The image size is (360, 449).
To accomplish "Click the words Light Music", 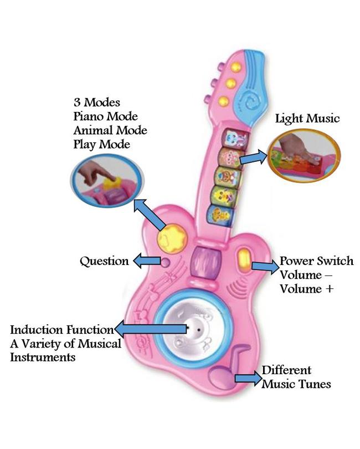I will [x=307, y=119].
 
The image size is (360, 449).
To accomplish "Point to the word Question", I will [x=104, y=261].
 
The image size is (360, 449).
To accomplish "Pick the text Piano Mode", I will [x=105, y=116].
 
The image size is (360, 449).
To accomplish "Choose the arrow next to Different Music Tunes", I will [x=247, y=378].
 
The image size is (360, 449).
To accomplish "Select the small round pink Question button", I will [x=165, y=262].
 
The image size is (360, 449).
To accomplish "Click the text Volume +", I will [x=306, y=289].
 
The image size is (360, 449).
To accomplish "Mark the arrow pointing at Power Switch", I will [x=264, y=267].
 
